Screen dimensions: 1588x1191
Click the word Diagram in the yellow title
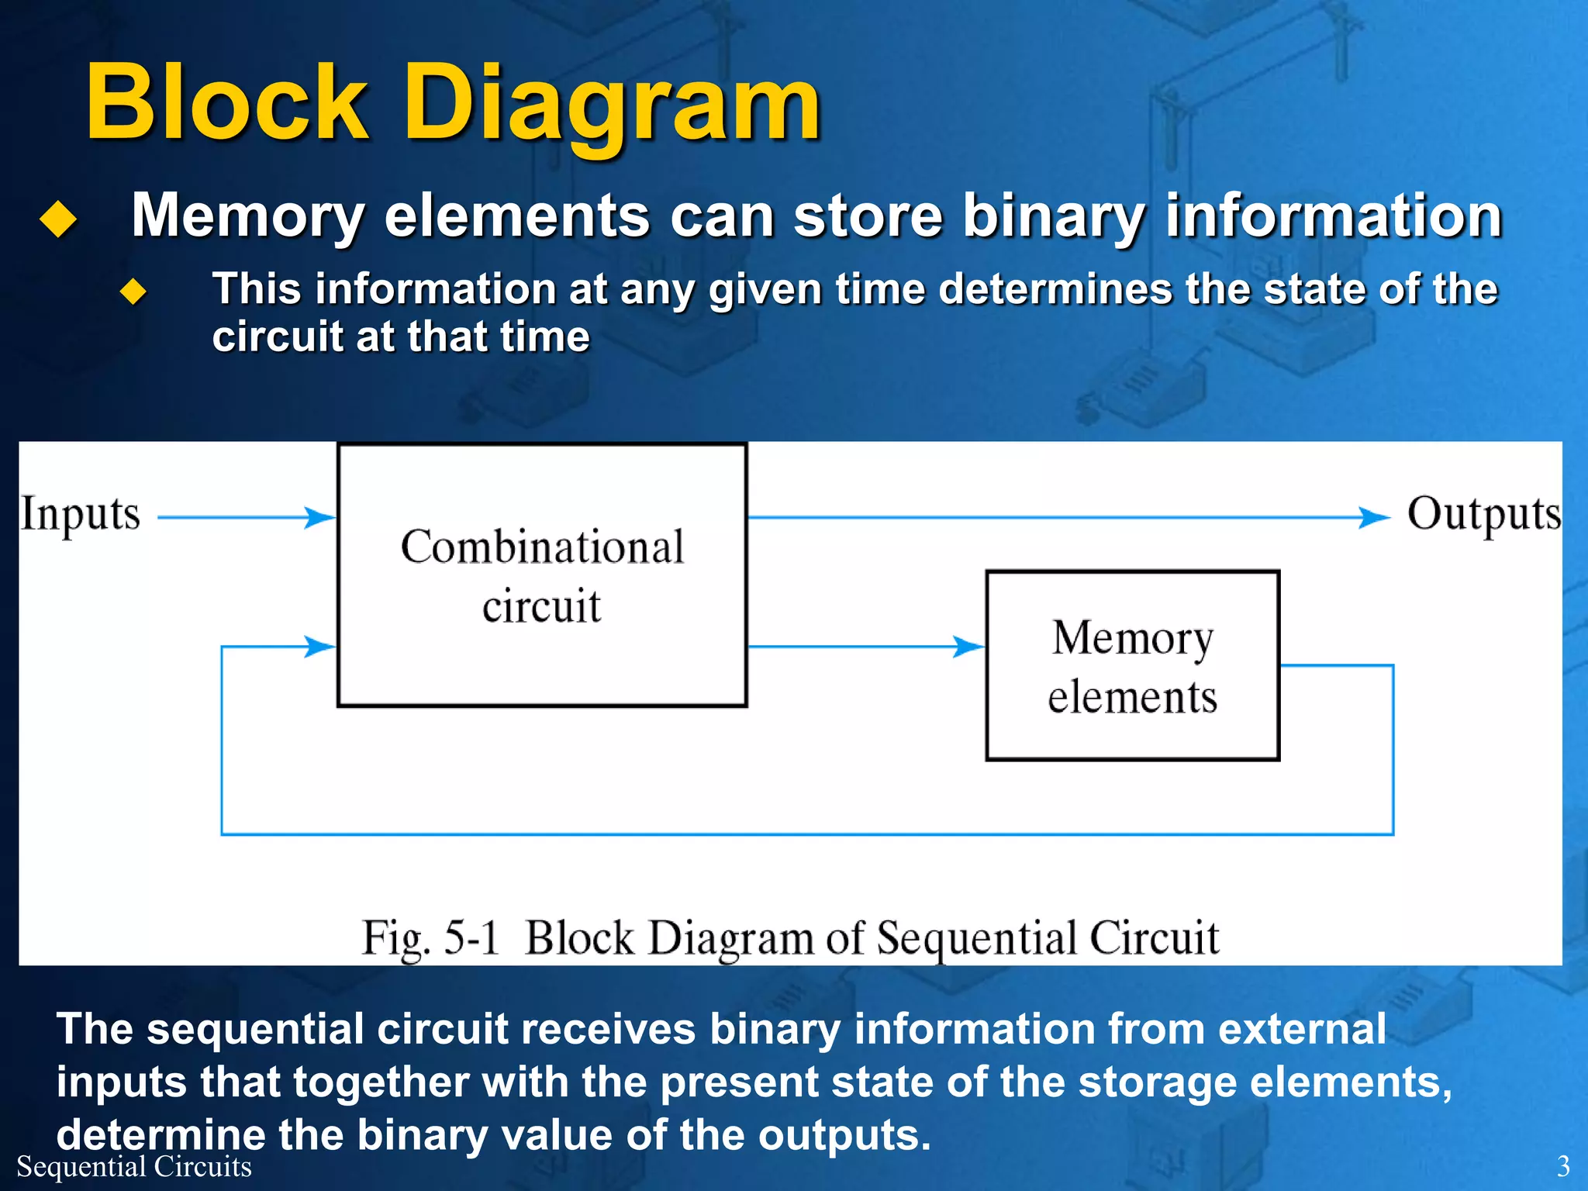tap(613, 109)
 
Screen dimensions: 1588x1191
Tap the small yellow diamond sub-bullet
tap(133, 292)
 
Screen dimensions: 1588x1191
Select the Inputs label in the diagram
tap(81, 514)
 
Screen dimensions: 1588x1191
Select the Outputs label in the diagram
tap(1484, 514)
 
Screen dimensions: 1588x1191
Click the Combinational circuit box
tap(542, 575)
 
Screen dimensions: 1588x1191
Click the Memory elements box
tap(1132, 665)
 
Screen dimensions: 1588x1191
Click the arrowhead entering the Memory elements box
tap(968, 646)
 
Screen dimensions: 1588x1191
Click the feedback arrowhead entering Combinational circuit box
tap(319, 646)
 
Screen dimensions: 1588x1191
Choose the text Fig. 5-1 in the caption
tap(430, 938)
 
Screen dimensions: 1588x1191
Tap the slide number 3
tap(1563, 1166)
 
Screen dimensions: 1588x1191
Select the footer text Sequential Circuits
tap(134, 1166)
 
